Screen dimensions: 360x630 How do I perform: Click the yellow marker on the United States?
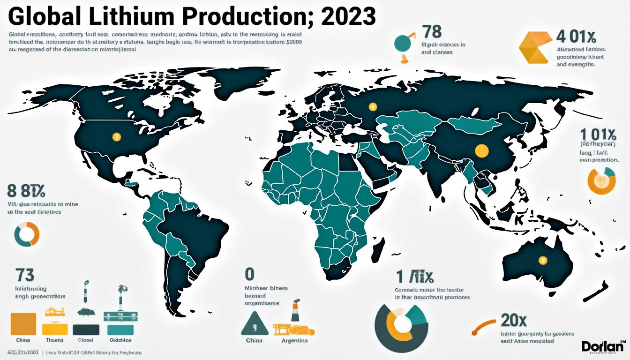point(117,137)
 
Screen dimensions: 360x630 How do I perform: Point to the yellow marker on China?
point(481,150)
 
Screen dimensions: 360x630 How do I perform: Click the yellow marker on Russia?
point(373,107)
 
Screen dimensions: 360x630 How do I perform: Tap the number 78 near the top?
point(432,32)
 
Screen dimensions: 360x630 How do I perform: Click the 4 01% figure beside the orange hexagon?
point(576,36)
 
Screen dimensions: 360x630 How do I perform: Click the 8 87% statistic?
point(26,191)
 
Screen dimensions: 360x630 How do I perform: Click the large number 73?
point(24,275)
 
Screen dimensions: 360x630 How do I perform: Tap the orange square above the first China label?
point(23,323)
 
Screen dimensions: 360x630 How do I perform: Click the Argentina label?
point(294,340)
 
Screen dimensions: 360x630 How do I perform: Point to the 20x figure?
point(514,320)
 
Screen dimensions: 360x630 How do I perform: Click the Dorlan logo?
point(603,346)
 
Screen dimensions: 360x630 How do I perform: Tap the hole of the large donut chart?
point(401,323)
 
